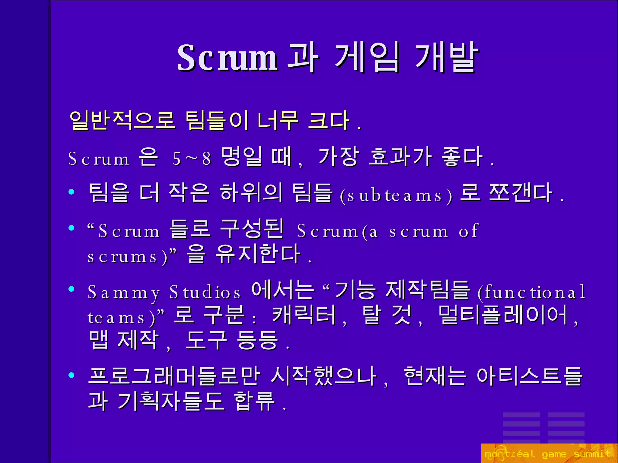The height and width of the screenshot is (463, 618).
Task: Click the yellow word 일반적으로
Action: pos(122,121)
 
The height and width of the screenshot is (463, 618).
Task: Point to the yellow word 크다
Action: pos(329,121)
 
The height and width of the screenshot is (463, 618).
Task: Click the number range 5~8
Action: pos(192,158)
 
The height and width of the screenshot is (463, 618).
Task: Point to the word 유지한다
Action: pos(258,255)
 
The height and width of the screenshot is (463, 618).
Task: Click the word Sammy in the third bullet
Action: pos(124,292)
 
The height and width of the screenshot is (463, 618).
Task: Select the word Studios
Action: pos(205,292)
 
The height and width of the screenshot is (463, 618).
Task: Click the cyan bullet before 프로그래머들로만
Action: pos(72,375)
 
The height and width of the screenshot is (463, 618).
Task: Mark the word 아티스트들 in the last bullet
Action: pos(530,376)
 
